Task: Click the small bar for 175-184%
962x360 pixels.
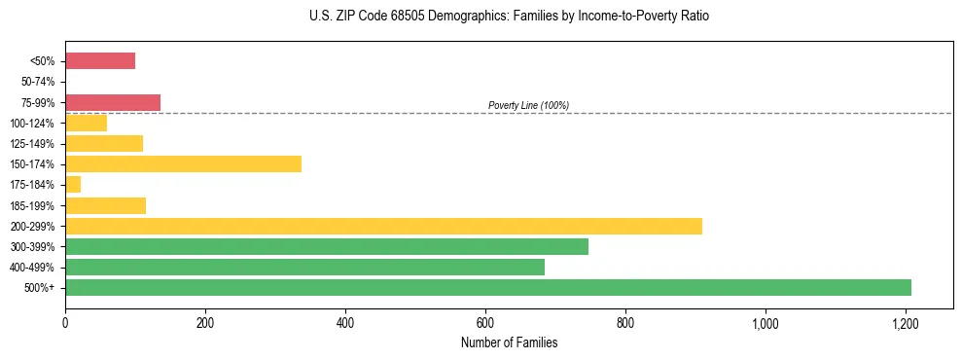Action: [73, 184]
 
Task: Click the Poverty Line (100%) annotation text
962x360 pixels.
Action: [528, 105]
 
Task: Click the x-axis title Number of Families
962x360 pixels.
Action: [509, 342]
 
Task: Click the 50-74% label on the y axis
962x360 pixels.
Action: [38, 82]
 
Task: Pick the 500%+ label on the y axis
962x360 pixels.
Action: [41, 287]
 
